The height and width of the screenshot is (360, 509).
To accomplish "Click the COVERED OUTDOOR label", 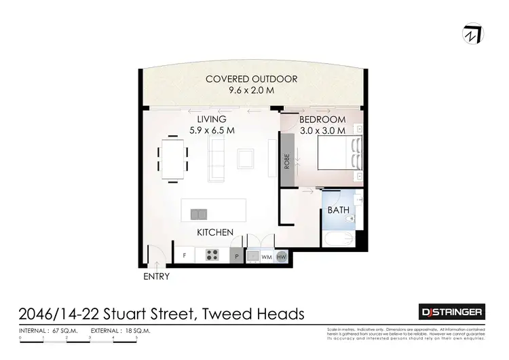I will coord(252,79).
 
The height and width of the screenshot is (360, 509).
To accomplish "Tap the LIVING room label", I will coord(211,120).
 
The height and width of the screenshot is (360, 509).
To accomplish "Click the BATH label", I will coord(338,210).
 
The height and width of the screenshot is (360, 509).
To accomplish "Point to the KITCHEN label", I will coord(215,232).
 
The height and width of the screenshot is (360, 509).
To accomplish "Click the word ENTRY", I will coord(156,276).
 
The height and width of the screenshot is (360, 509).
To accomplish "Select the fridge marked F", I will coord(184,256).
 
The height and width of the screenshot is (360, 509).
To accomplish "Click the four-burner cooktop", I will coord(212,256).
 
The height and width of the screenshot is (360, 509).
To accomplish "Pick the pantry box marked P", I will coord(236,257).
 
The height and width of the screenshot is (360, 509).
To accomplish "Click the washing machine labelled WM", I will coord(267,257).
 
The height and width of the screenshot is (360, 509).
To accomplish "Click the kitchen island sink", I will coord(199,214).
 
